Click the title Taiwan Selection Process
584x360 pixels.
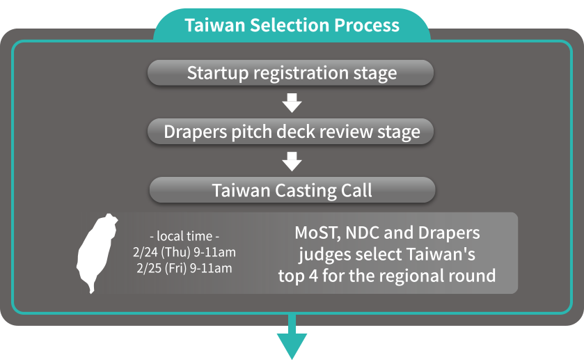292,25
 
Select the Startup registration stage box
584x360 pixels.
290,72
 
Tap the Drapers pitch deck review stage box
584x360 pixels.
290,131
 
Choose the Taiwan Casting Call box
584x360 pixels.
292,190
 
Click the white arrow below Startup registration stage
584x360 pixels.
292,103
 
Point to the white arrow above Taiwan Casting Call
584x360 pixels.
292,162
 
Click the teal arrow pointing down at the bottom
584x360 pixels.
292,337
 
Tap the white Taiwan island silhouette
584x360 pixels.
96,253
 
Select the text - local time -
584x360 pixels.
184,236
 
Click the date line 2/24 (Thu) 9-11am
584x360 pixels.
184,252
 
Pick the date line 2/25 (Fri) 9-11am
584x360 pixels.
184,268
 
